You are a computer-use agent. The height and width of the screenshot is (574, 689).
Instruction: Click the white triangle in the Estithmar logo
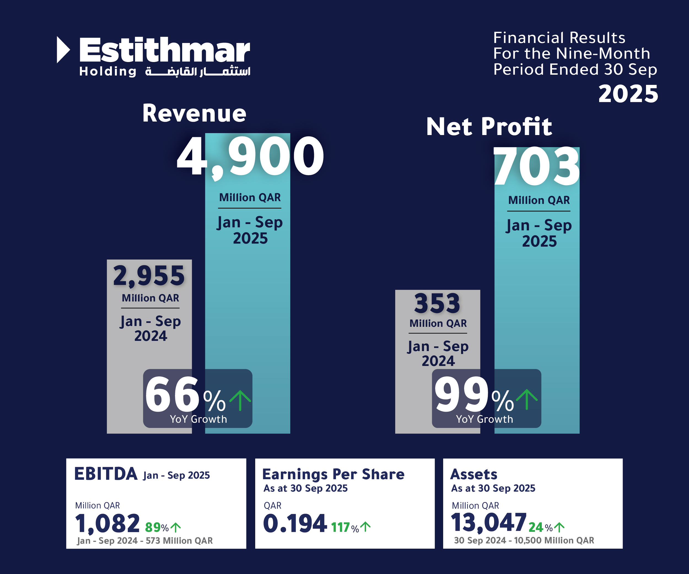pos(63,50)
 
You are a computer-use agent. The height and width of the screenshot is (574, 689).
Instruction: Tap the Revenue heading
pos(194,114)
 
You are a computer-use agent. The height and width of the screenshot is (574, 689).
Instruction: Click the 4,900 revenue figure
pos(250,157)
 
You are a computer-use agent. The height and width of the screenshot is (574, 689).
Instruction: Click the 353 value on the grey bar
pos(437,303)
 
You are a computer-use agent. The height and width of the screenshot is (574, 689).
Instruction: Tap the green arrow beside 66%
pos(240,400)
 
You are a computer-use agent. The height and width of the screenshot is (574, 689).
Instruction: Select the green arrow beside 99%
pos(527,399)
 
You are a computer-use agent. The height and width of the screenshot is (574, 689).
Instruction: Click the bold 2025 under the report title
pos(628,94)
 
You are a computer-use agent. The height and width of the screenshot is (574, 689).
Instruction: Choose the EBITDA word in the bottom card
pos(106,474)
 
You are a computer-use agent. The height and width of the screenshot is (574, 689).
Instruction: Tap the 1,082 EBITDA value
pos(107,524)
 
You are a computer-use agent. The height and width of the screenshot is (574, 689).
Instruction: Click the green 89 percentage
pos(152,527)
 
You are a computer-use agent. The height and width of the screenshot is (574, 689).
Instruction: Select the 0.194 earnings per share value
pos(295,524)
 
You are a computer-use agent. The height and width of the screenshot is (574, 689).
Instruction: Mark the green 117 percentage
pos(340,527)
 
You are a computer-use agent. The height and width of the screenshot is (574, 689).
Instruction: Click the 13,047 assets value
pos(489,522)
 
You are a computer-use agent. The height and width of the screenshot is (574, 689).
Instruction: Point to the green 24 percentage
pos(536,527)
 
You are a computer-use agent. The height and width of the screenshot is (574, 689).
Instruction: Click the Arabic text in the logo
pos(198,71)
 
